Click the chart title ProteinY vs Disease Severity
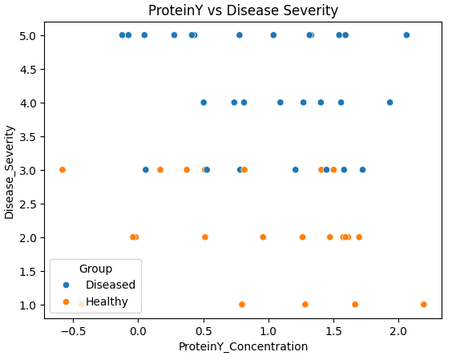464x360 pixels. point(243,10)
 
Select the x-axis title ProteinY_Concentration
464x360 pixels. point(243,346)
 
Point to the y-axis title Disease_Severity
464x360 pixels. point(10,171)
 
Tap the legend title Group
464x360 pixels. point(95,269)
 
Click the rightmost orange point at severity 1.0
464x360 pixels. point(424,305)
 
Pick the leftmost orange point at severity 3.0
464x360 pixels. point(63,170)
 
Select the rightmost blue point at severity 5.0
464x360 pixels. point(406,35)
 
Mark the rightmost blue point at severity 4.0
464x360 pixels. point(390,103)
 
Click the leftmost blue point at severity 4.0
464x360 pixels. point(204,103)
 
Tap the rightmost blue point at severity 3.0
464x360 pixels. point(362,170)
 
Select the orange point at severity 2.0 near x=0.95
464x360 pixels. point(263,237)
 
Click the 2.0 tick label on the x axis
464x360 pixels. point(399,330)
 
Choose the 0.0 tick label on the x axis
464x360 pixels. point(138,330)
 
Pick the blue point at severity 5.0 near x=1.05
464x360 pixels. point(273,35)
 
